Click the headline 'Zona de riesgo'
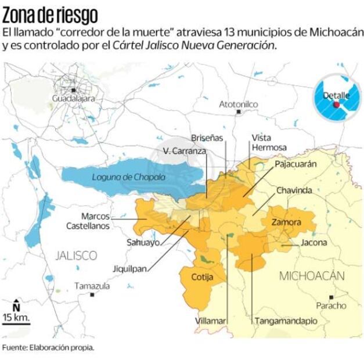pos(50,13)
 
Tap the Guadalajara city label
pos(73,99)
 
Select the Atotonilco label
pos(238,104)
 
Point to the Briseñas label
pos(207,138)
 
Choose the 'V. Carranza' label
pos(184,151)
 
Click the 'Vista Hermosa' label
pos(269,142)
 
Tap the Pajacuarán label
pos(295,164)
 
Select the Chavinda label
pos(294,190)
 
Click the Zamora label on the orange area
pos(286,222)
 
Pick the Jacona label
pos(313,243)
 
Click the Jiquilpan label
pos(130,269)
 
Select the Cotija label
pos(202,277)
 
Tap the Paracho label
pos(330,305)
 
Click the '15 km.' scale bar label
pos(16,317)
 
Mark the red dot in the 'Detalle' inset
pos(336,105)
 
